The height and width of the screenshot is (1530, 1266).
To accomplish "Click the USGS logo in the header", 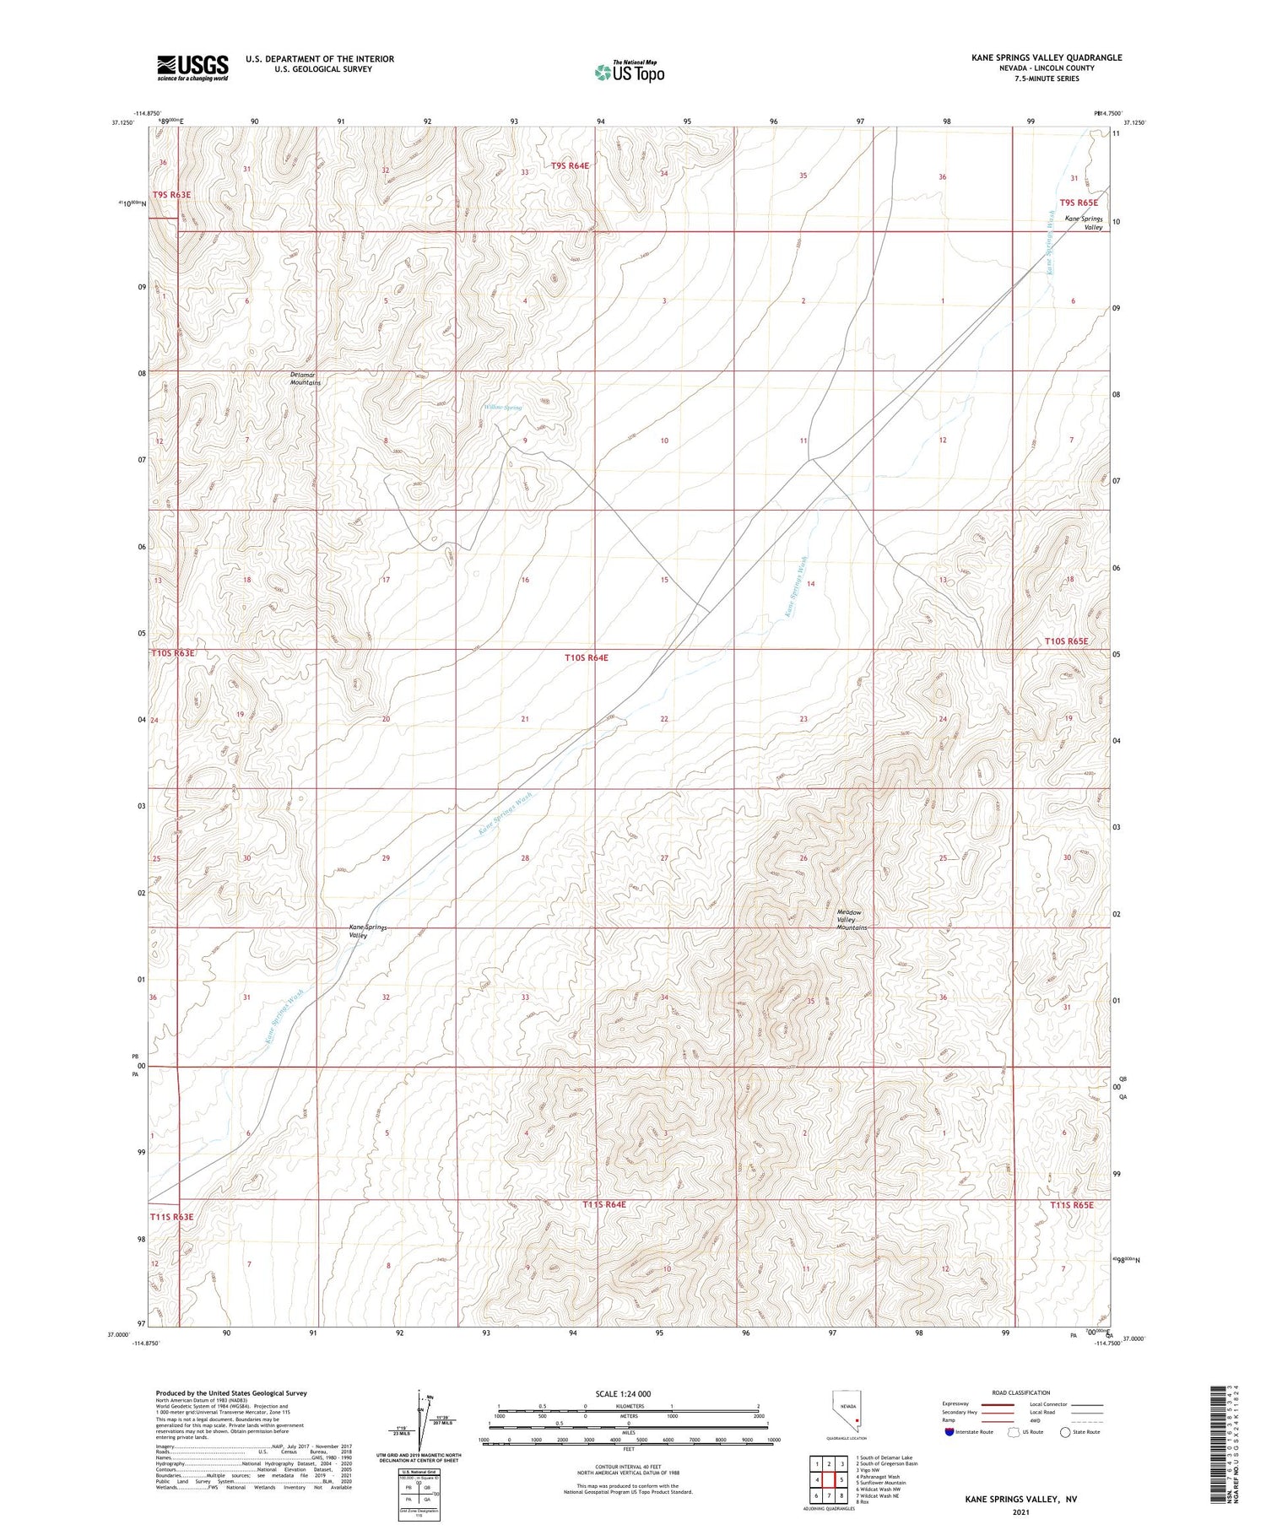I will pos(192,68).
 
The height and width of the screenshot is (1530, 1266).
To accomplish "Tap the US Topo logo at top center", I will pos(629,73).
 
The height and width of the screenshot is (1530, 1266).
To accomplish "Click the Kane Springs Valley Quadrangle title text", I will pos(1046,57).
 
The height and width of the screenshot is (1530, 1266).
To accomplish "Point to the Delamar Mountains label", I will pos(306,379).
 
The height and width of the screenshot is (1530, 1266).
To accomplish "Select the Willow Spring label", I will pos(502,407).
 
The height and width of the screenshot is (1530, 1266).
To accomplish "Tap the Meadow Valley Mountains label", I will pos(852,920).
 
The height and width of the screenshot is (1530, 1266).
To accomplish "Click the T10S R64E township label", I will pos(586,657).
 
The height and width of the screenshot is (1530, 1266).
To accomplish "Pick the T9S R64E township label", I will pos(570,166).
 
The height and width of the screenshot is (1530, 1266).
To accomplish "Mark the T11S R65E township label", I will pos(1072,1205).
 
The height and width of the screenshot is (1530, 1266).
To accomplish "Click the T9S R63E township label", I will pos(171,195).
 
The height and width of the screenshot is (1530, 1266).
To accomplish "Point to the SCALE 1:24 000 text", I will pos(623,1393).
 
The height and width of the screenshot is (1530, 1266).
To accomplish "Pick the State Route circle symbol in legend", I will pos(1065,1432).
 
